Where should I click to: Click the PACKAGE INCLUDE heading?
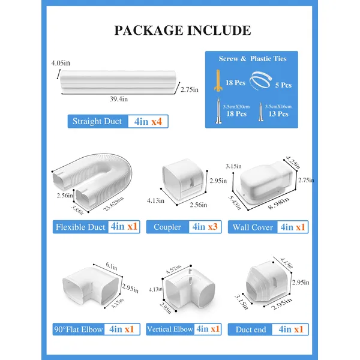[183, 31]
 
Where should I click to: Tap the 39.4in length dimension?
[119, 99]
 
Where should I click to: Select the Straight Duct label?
[97, 121]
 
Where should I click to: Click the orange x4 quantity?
[157, 121]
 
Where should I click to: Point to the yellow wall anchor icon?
[218, 80]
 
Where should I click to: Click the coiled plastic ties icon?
[260, 80]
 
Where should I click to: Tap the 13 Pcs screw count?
[278, 114]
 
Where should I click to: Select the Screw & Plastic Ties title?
[253, 59]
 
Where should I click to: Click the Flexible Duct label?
[80, 227]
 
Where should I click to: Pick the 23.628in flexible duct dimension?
[113, 204]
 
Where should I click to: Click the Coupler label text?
[167, 227]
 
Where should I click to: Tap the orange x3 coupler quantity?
[212, 227]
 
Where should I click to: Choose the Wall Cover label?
[253, 227]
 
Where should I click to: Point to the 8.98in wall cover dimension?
[278, 203]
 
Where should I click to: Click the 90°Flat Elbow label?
[78, 329]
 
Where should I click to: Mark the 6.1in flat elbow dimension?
[112, 266]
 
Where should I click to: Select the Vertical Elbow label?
[170, 329]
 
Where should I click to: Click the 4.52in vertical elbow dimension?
[173, 269]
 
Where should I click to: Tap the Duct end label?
[251, 329]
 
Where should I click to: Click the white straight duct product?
[118, 82]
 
